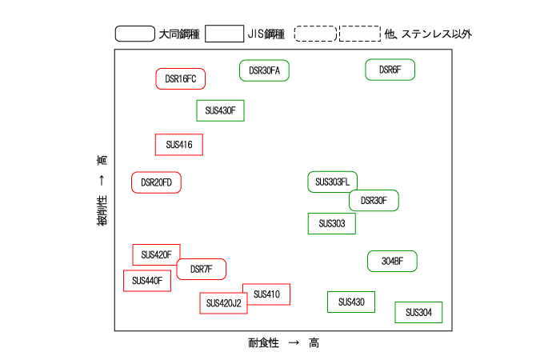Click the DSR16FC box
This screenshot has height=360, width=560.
[180, 78]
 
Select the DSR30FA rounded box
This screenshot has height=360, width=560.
[264, 70]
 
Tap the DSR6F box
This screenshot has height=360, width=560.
[390, 70]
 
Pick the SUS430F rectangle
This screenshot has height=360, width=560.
[220, 110]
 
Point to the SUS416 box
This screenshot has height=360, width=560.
[178, 145]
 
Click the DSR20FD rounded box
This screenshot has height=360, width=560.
[157, 182]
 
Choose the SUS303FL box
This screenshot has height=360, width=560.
[332, 182]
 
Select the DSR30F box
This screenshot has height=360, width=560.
[374, 201]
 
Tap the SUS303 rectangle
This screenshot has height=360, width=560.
[331, 223]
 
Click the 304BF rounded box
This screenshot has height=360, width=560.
[392, 261]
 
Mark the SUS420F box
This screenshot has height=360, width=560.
[156, 254]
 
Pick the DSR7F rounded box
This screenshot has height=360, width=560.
[201, 270]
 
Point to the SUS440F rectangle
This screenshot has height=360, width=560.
[146, 281]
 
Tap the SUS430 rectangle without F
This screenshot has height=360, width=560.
[351, 302]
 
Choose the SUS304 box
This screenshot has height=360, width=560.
[418, 312]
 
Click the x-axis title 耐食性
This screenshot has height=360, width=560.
[263, 342]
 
